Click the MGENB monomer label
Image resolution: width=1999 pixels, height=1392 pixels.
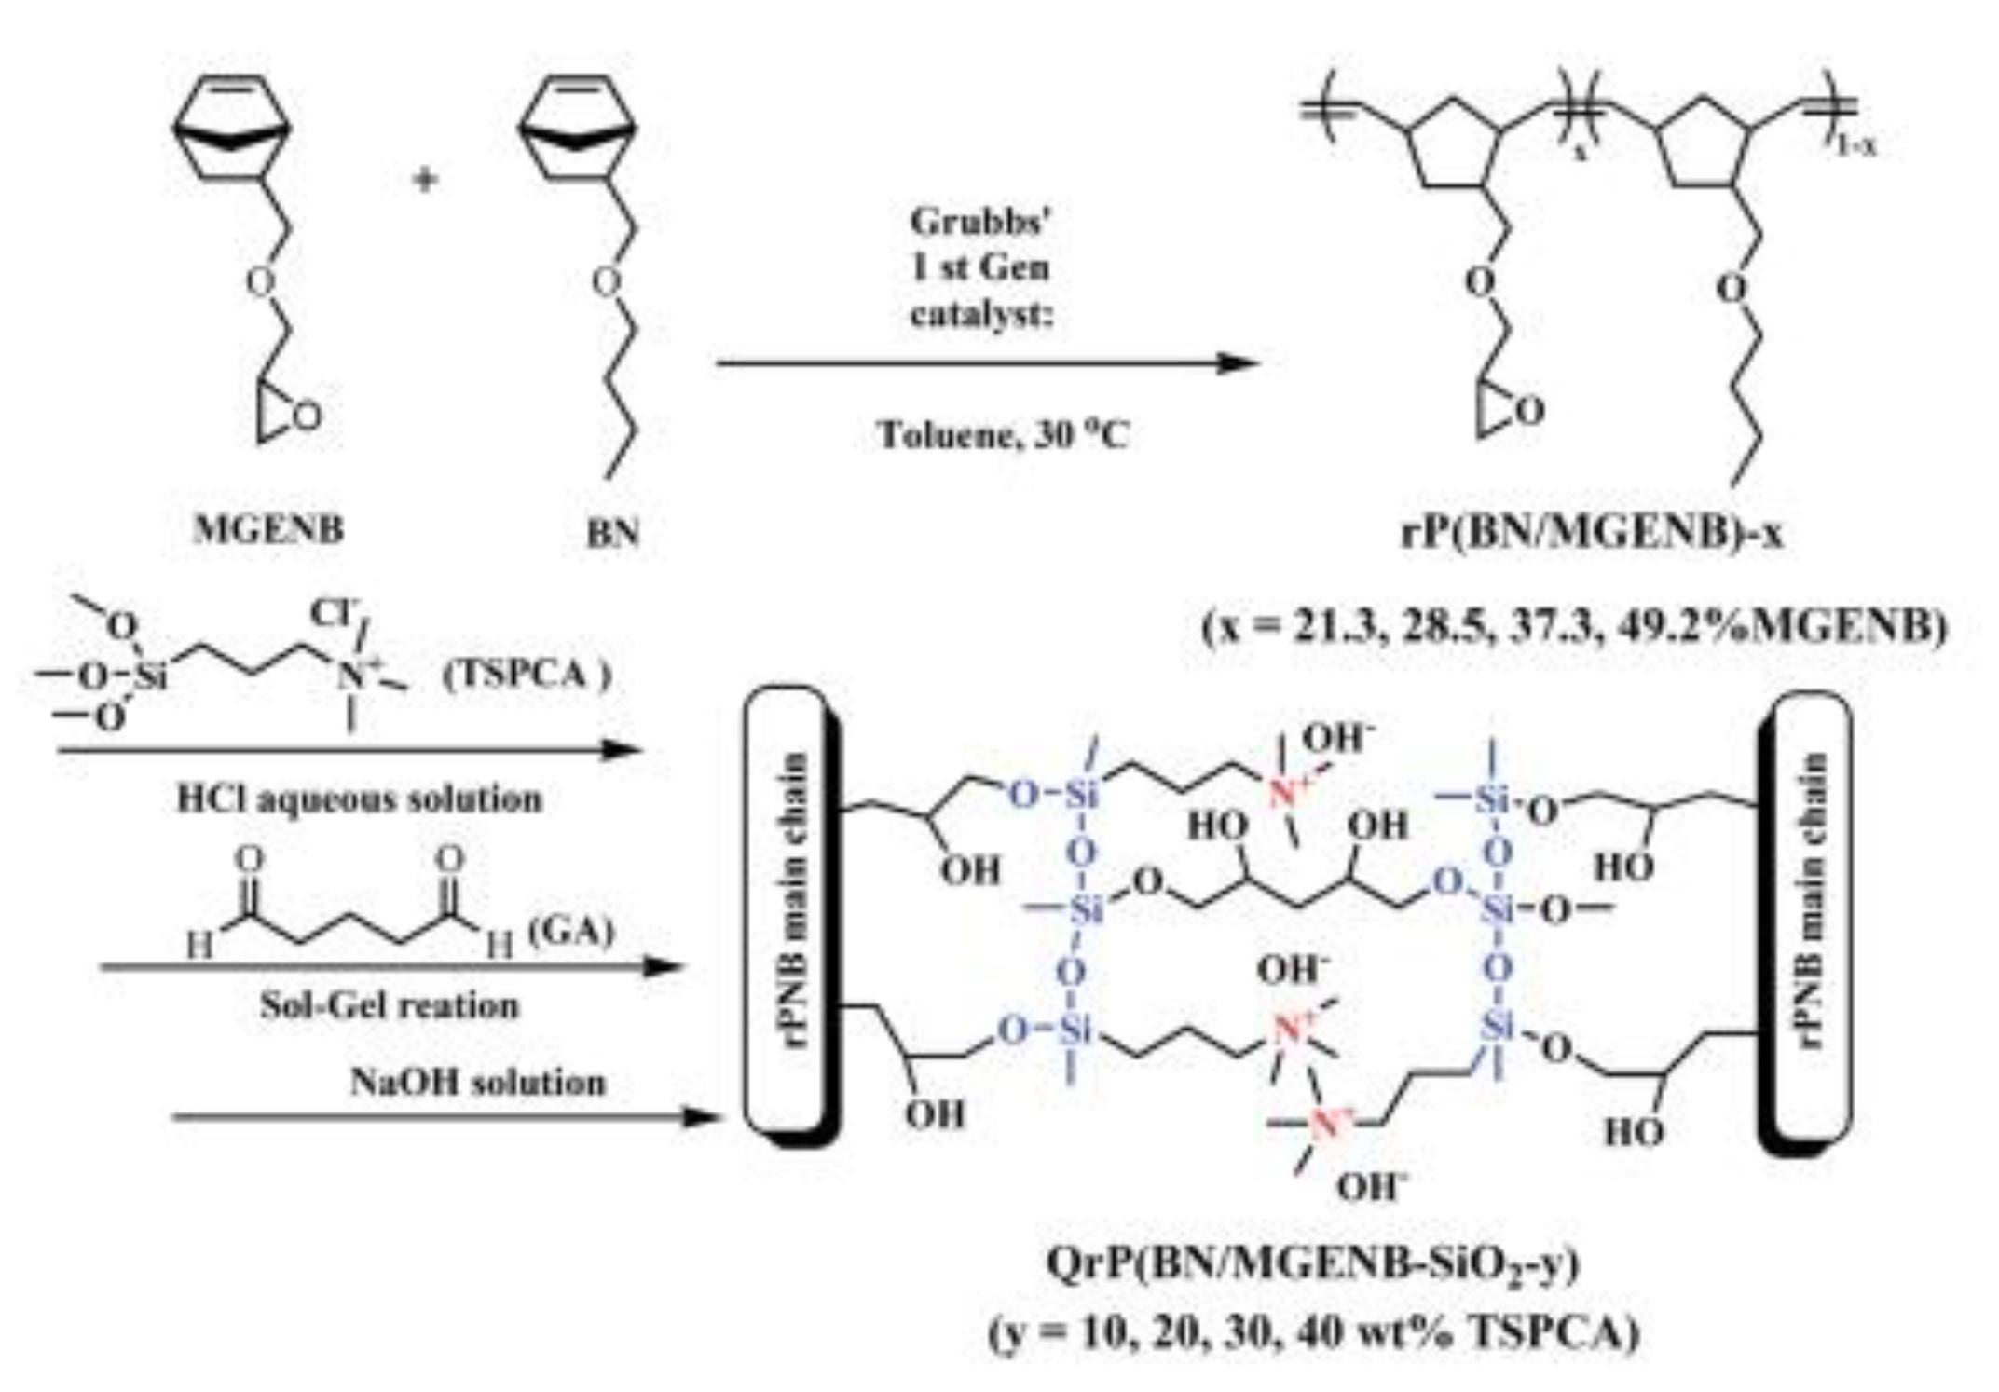[x=268, y=529]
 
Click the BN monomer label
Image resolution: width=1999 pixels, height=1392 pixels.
[x=613, y=533]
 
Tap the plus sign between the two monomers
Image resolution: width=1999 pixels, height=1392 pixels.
[x=425, y=179]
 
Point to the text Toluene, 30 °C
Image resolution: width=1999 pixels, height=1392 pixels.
[x=1004, y=435]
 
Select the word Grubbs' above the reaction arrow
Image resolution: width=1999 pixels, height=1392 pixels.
[x=980, y=222]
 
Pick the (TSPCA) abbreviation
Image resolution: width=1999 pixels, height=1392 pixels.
[x=527, y=674]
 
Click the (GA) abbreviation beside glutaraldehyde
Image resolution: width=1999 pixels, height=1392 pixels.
[x=570, y=930]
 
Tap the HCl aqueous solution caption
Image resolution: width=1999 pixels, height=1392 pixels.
[x=359, y=799]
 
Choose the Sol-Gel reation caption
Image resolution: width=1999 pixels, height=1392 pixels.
[x=389, y=1005]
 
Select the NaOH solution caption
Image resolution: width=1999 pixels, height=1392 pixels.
[x=477, y=1083]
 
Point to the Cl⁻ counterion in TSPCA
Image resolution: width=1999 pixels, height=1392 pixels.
[x=330, y=615]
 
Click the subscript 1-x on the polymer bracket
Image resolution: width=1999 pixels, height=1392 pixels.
[x=1856, y=146]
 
